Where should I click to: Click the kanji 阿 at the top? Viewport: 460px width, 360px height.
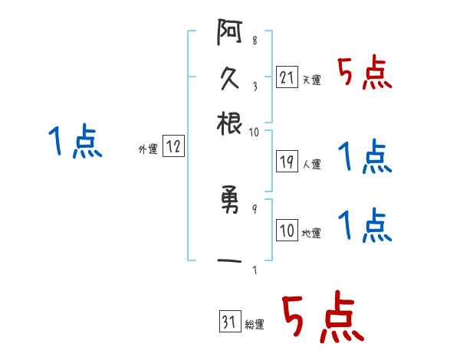coord(229,34)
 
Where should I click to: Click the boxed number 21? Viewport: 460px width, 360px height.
coord(287,77)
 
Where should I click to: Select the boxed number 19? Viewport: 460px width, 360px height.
coord(287,162)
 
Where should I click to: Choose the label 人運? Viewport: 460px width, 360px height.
coord(311,164)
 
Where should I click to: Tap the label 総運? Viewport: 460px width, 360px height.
coord(254,325)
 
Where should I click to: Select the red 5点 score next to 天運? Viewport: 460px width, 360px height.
coord(364,74)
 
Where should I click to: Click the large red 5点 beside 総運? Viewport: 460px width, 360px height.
coord(322,318)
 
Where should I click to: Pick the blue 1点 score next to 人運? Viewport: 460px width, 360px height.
coord(364,157)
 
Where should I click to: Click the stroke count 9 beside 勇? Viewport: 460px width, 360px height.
coord(254,208)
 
